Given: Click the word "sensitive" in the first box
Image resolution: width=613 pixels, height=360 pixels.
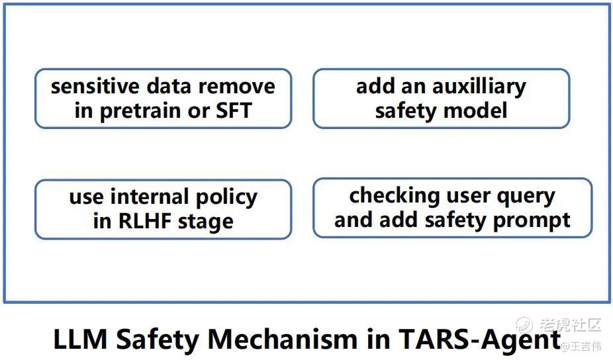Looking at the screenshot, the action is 95,86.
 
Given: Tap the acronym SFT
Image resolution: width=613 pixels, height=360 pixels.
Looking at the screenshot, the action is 234,111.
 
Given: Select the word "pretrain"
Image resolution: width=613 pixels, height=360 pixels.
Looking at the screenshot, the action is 141,111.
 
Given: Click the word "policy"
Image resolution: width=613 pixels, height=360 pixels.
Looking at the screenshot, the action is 226,198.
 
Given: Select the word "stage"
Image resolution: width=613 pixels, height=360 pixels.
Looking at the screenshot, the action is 206,222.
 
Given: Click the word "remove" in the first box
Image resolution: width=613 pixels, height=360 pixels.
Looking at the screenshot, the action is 237,87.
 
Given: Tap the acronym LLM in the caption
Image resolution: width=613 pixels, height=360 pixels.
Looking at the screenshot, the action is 80,339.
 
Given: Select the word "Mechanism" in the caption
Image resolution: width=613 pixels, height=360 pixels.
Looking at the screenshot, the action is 282,339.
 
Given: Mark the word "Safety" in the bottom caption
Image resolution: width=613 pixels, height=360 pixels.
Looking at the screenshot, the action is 158,339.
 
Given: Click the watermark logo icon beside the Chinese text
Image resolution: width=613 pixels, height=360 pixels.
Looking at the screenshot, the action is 524,324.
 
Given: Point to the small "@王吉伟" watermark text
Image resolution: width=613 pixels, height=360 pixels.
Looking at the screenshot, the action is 581,346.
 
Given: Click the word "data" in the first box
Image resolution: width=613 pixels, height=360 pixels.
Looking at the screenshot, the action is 169,86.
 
